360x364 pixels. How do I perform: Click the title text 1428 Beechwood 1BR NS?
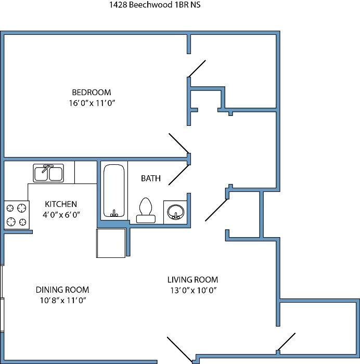point(155,5)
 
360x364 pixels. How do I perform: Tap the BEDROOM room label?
point(92,93)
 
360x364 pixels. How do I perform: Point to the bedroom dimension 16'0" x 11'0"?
point(92,103)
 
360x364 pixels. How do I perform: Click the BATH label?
point(151,178)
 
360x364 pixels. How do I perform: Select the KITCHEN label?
point(61,204)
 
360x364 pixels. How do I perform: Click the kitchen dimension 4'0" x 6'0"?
point(61,215)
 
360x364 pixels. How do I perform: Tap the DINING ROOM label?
point(62,290)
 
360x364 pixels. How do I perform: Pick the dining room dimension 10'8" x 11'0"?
point(63,301)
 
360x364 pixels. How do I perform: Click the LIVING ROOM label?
point(193,280)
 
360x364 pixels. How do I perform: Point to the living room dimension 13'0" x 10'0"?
point(194,290)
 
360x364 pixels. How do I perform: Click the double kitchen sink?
point(48,173)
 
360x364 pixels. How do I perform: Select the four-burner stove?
point(17,215)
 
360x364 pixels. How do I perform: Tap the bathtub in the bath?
point(114,191)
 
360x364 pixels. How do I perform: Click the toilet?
point(146,210)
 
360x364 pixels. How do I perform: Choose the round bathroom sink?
point(176,212)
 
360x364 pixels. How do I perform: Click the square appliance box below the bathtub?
point(111,243)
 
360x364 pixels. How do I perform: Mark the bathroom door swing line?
point(178,175)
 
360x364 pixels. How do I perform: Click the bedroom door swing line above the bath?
point(179,144)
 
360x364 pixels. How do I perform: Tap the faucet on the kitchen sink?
point(47,168)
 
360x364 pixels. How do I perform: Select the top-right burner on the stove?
point(22,208)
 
